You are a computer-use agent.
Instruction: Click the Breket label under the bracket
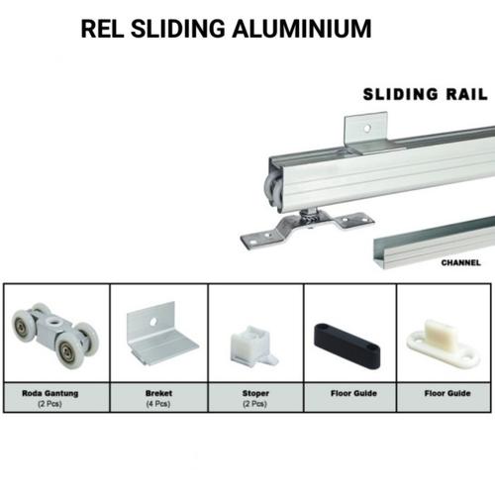[x=157, y=393]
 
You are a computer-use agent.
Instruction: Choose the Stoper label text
[x=254, y=393]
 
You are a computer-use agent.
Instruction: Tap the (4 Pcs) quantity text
[x=157, y=403]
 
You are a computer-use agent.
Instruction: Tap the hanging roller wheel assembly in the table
[x=54, y=335]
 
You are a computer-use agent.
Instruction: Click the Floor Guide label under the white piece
[x=445, y=393]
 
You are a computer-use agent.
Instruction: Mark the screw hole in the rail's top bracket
[x=365, y=128]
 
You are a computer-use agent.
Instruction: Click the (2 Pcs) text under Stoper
[x=254, y=403]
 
